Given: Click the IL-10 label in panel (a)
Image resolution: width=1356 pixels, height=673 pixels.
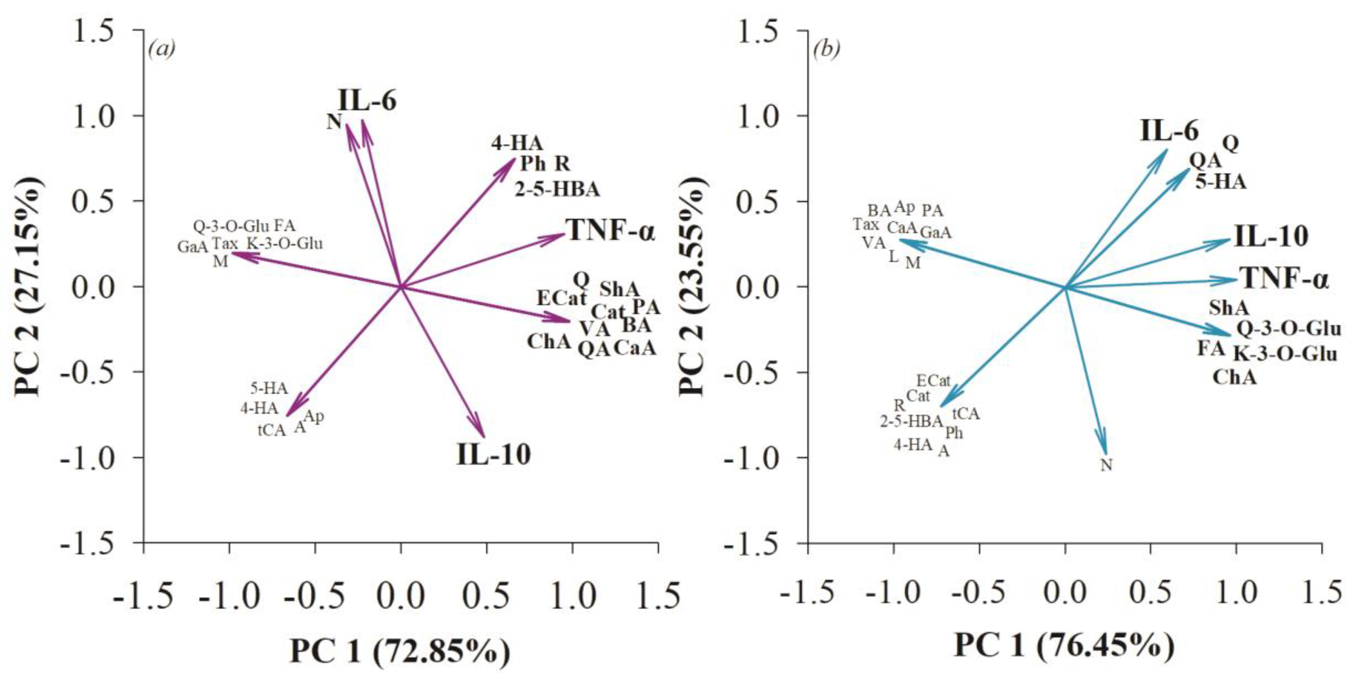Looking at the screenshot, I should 493,454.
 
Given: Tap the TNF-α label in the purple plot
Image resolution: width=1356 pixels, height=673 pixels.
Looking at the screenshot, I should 610,231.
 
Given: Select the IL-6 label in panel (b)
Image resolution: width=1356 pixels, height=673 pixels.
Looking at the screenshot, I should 1169,131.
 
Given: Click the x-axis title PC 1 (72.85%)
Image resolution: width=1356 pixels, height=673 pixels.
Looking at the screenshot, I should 400,651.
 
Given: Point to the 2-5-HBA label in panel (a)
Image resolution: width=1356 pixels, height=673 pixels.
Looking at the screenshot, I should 557,189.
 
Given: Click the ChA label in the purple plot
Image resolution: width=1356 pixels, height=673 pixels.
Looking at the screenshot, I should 549,342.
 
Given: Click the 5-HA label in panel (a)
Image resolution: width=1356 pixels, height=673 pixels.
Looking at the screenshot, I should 269,388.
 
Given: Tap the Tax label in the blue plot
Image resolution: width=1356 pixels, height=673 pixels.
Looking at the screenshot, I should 866,225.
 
